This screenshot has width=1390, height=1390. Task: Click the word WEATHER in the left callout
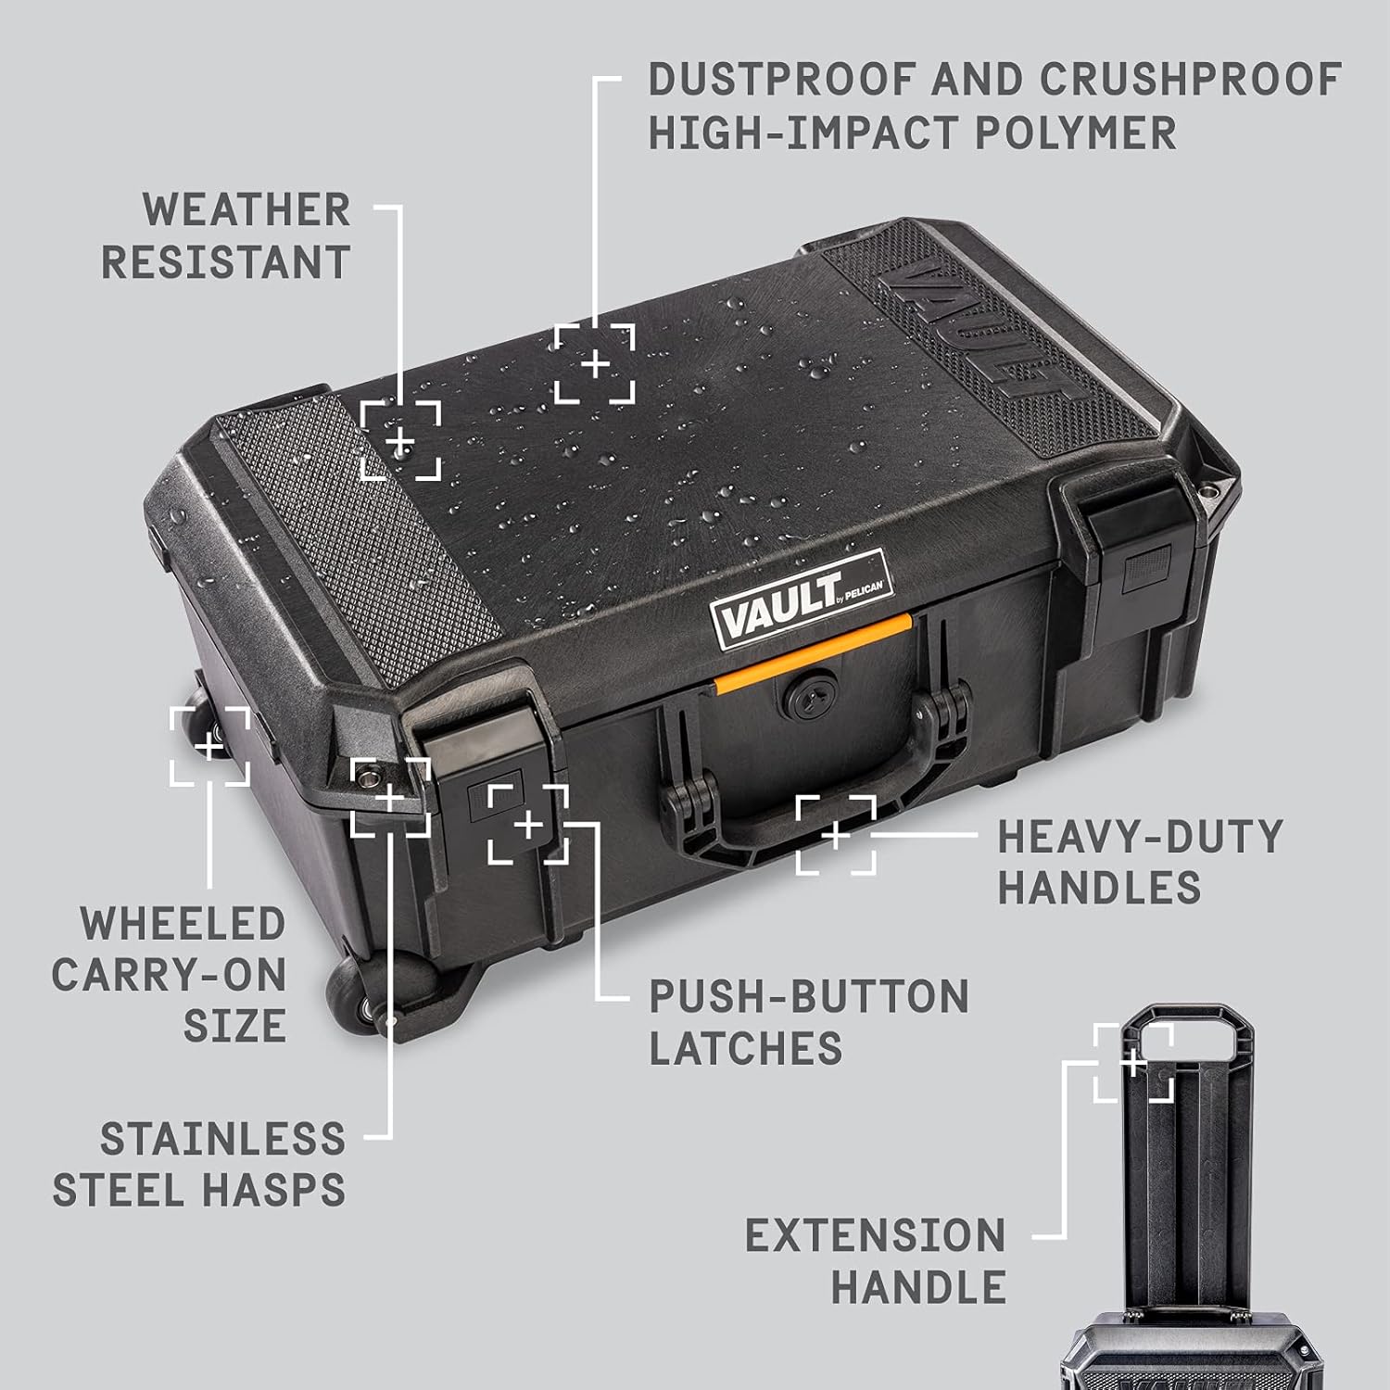(246, 210)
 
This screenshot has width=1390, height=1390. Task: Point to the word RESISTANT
(225, 263)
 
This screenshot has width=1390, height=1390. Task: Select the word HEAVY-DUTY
(1140, 837)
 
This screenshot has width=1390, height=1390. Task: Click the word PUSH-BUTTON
(808, 997)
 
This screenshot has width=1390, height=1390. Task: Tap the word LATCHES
(745, 1049)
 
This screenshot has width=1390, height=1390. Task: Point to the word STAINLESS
(222, 1140)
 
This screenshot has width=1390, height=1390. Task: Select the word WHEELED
(183, 925)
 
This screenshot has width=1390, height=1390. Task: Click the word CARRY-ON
(169, 976)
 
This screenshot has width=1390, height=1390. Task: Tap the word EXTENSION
(876, 1236)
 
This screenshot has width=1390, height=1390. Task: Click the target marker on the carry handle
(836, 835)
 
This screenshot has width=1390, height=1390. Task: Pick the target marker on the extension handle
(1133, 1063)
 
